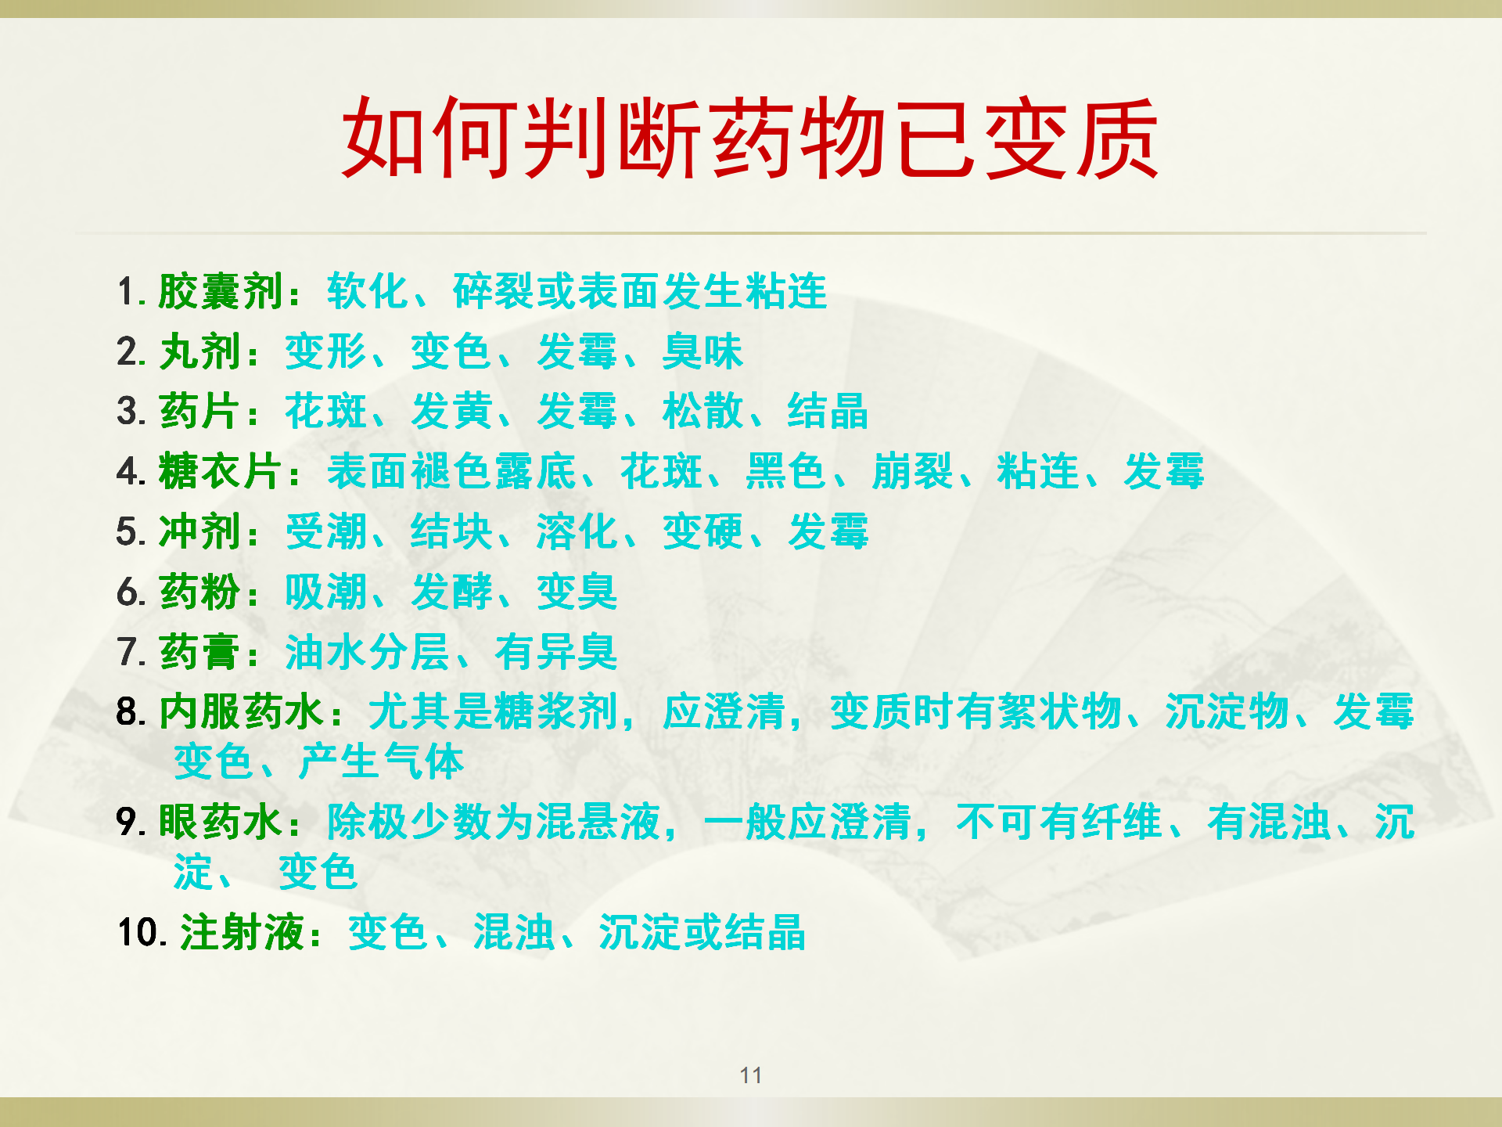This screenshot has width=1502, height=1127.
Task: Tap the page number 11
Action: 750,1075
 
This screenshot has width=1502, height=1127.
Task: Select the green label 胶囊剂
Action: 221,292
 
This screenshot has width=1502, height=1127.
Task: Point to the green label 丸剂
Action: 199,352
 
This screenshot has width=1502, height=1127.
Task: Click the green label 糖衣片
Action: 221,472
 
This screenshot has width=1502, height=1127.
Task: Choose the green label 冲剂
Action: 199,532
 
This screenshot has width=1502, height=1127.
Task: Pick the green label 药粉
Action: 199,592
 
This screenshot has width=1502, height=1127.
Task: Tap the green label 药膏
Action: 199,652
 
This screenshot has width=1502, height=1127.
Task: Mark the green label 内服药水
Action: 242,712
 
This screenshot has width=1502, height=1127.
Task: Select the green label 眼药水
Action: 221,823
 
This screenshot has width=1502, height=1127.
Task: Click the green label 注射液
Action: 242,933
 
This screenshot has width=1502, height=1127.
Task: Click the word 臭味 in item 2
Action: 702,352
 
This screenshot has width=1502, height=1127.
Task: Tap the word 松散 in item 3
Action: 702,412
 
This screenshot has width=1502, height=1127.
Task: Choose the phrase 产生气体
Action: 382,762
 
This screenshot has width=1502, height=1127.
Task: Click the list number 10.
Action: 142,933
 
